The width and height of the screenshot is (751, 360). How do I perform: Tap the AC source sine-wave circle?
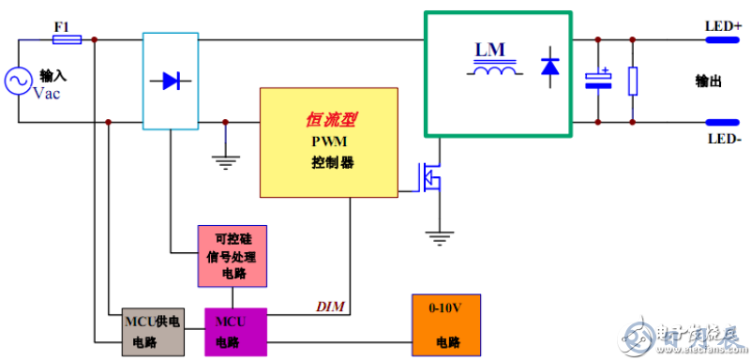[19, 82]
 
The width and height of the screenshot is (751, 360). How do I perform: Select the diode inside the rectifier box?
[170, 81]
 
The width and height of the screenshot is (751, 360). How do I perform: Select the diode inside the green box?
[550, 67]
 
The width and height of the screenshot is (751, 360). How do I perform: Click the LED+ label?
[723, 26]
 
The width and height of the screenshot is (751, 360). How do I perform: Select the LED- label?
[723, 138]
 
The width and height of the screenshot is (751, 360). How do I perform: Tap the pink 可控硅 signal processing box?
[232, 256]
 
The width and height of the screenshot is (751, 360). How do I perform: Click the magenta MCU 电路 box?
[236, 331]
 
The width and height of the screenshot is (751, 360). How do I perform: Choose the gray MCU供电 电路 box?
[155, 331]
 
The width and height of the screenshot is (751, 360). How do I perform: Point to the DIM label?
[330, 306]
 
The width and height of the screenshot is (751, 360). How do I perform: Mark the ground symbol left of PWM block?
[224, 160]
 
